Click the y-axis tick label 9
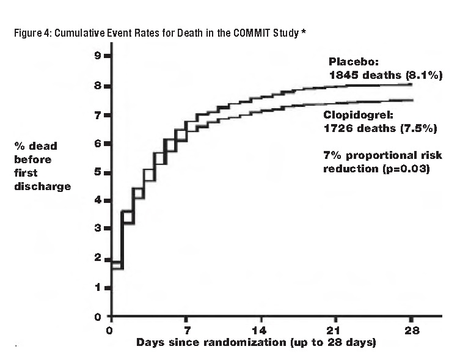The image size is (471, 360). pyautogui.click(x=97, y=57)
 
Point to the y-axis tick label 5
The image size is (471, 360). pyautogui.click(x=97, y=172)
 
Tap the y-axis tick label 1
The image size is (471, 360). pyautogui.click(x=97, y=288)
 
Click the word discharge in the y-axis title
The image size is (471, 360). pyautogui.click(x=43, y=185)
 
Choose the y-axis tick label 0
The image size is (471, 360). pyautogui.click(x=97, y=317)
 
